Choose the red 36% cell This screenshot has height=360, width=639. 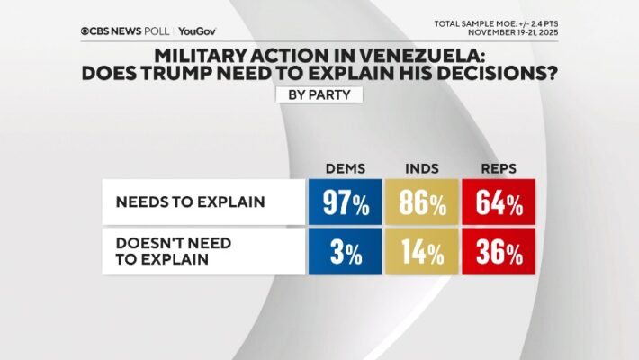coord(499,251)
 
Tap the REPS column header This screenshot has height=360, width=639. coord(499,169)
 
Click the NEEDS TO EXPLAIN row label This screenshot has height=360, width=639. coord(190,202)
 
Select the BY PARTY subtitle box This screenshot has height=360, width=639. coord(319,94)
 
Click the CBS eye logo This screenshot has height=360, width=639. coord(85,31)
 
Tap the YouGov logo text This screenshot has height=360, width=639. coord(196,31)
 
